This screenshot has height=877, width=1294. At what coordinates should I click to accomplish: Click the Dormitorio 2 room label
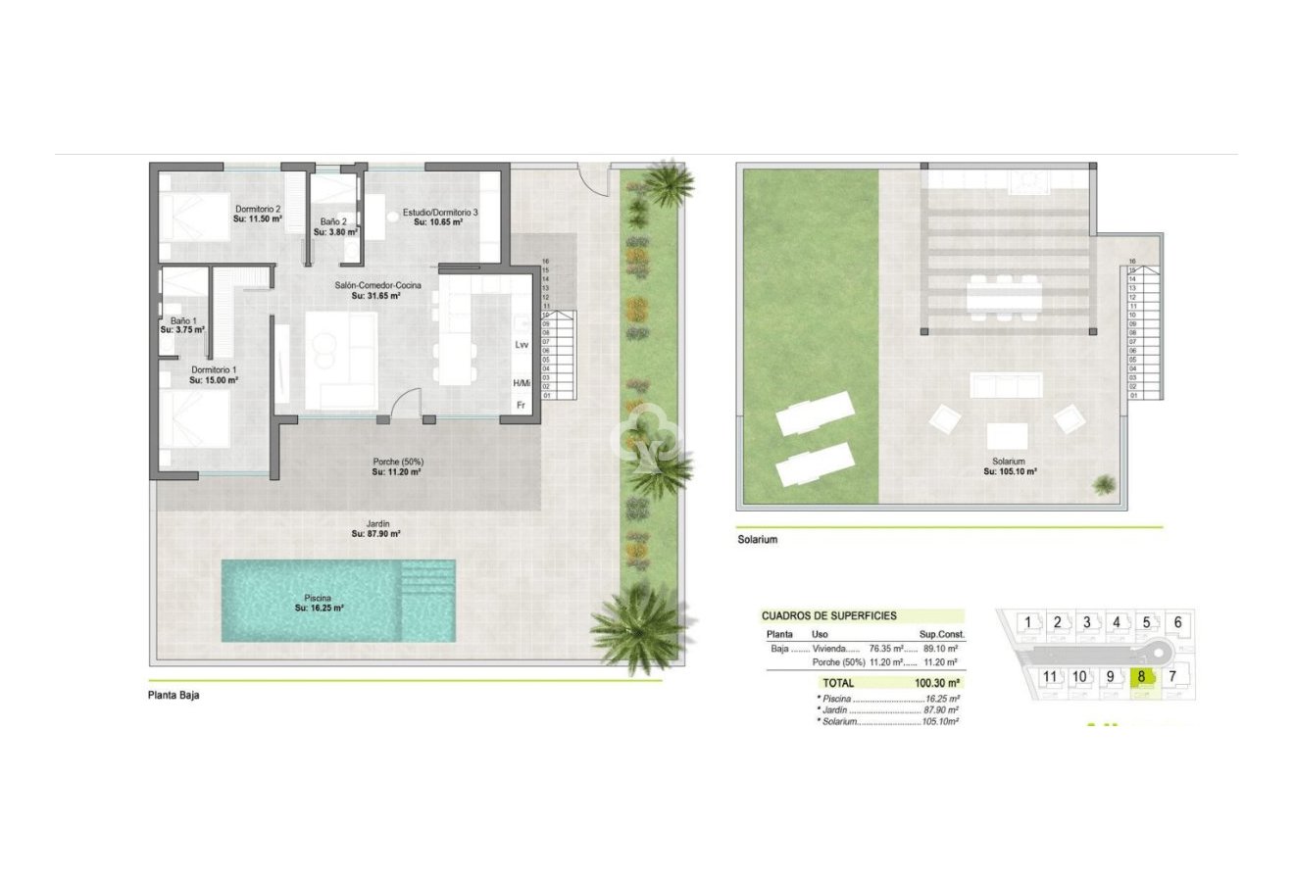258,209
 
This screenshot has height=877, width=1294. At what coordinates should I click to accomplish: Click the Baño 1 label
183,320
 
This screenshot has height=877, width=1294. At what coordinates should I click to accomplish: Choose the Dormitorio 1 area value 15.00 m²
215,380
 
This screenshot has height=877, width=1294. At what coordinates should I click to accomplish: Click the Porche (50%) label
397,462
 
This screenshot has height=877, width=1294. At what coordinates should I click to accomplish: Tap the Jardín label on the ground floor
376,523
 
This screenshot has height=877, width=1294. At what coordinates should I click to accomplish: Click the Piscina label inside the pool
318,597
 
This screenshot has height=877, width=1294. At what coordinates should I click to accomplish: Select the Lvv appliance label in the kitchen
522,345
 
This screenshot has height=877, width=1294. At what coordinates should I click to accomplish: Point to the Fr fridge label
521,405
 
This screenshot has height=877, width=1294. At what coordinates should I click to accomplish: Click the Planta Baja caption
174,696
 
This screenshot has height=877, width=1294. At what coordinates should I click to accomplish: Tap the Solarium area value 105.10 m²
1010,471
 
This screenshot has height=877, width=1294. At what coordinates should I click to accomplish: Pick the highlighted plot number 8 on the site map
1143,676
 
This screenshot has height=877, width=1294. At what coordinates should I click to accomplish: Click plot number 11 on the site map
1050,676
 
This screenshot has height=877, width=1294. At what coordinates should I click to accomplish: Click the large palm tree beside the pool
639,624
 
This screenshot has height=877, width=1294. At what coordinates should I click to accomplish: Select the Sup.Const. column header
939,634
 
